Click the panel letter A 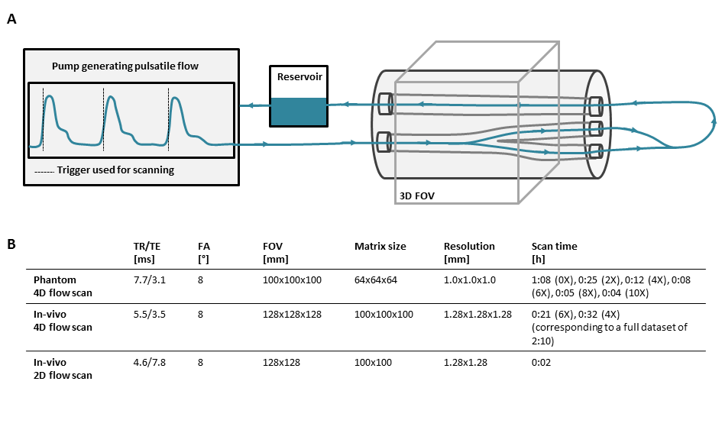pyautogui.click(x=11, y=19)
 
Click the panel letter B pyautogui.click(x=11, y=244)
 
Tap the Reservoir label pyautogui.click(x=299, y=77)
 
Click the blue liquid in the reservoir pyautogui.click(x=299, y=111)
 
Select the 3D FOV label pyautogui.click(x=416, y=196)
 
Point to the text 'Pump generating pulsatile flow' pyautogui.click(x=125, y=66)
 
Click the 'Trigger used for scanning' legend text pyautogui.click(x=115, y=170)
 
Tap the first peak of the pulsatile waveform pyautogui.click(x=50, y=95)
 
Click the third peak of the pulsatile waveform pyautogui.click(x=175, y=98)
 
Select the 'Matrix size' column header pyautogui.click(x=380, y=246)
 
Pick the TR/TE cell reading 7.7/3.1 pyautogui.click(x=150, y=280)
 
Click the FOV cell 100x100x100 pyautogui.click(x=292, y=280)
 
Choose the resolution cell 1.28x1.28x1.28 pyautogui.click(x=478, y=315)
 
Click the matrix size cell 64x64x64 pyautogui.click(x=376, y=280)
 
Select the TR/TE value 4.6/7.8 pyautogui.click(x=150, y=362)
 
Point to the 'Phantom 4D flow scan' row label pyautogui.click(x=63, y=286)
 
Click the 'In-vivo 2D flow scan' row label pyautogui.click(x=63, y=369)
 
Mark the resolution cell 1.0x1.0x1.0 pyautogui.click(x=470, y=280)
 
